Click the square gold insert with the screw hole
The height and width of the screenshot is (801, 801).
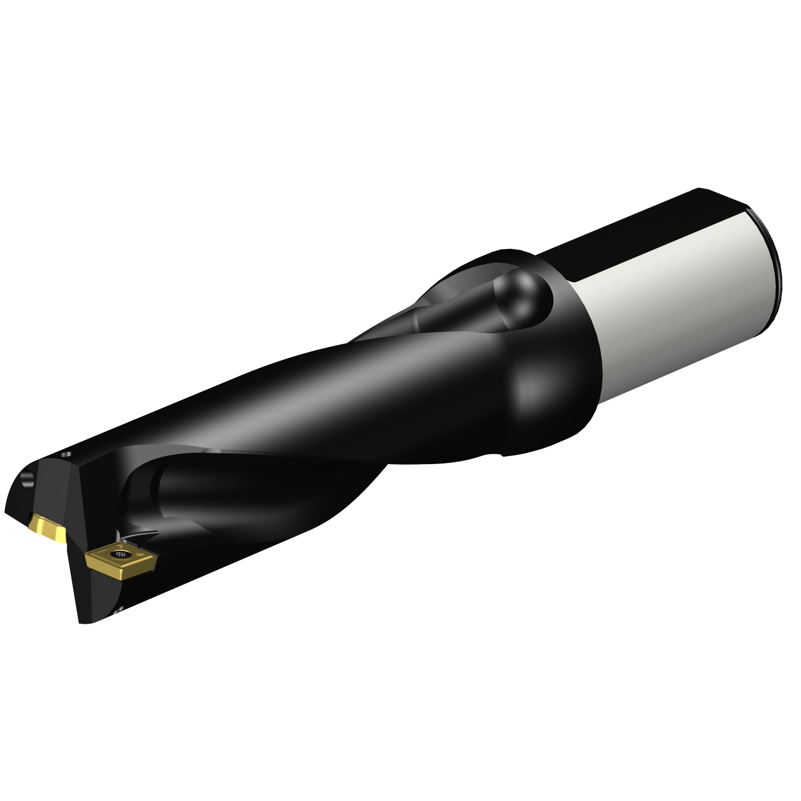(122, 559)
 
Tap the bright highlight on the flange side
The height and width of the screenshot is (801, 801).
(529, 384)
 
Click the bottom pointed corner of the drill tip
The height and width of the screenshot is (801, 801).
(82, 622)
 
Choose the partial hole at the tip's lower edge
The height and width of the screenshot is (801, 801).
(119, 608)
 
